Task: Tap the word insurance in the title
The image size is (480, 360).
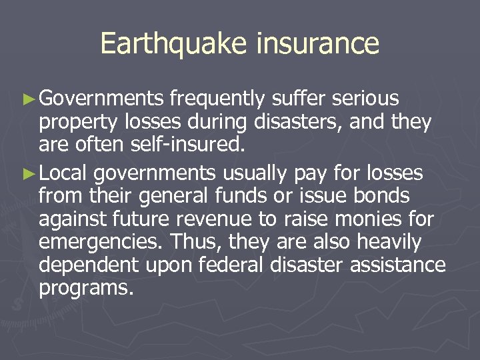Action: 317,44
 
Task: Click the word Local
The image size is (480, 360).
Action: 64,173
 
